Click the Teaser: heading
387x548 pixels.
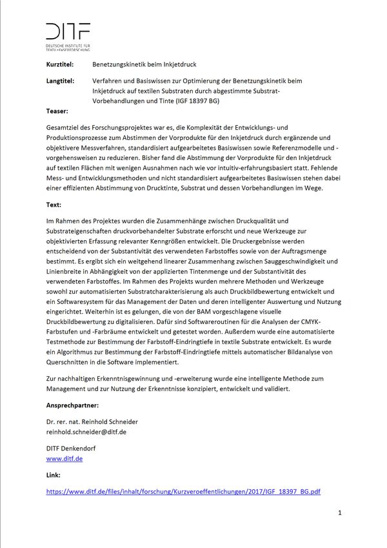[57, 111]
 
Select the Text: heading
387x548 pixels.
[54, 205]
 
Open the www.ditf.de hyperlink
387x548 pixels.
[64, 458]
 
